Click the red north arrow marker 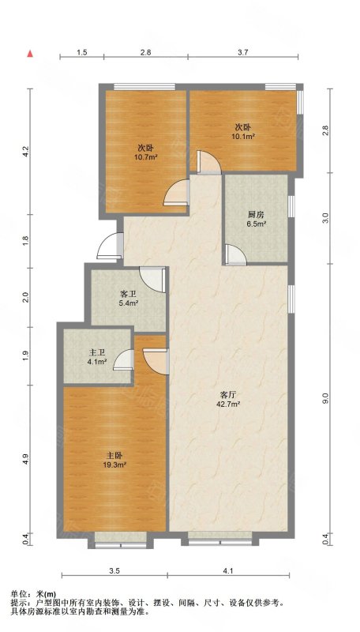[x=30, y=54]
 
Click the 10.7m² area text [x=145, y=156]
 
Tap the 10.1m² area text [x=243, y=136]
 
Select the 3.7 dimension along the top [x=243, y=52]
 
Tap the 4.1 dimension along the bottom [x=228, y=570]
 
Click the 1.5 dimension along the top [x=82, y=52]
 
